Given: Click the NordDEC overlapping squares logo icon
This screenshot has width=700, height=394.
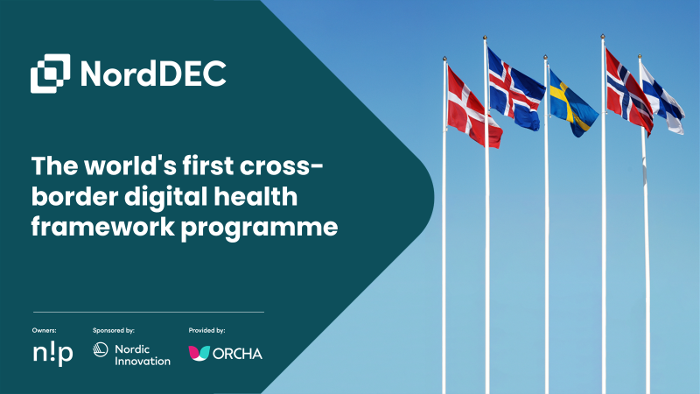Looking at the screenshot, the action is tap(51, 74).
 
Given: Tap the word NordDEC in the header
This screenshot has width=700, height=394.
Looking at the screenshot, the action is tap(154, 74).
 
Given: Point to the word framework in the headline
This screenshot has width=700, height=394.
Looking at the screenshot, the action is tap(102, 227).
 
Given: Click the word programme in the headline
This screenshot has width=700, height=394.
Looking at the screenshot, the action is tap(259, 229).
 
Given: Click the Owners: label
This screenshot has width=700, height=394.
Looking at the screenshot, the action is tap(45, 331).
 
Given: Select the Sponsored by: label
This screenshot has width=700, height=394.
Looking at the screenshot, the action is tap(114, 331).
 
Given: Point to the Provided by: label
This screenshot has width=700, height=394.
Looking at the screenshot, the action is tap(206, 331).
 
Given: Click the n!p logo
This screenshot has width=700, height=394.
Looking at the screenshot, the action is tap(53, 354).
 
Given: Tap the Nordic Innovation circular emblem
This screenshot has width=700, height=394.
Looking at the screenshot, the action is tap(101, 349).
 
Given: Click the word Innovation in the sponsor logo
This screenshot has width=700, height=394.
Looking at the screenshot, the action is tap(143, 361).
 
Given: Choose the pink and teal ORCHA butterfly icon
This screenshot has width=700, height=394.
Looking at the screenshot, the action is tap(199, 353).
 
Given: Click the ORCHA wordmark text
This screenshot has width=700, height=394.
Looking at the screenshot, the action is tap(237, 354).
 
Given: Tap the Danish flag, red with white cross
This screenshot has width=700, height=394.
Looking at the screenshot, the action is tap(473, 107).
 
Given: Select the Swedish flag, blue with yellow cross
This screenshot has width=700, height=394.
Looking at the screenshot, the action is tap(572, 103).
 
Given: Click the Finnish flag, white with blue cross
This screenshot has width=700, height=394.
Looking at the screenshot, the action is tap(662, 100).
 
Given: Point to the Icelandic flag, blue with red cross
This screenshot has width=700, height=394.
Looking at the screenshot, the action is tap(515, 89).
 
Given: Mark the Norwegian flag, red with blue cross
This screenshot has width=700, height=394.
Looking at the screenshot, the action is tap(628, 92).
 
